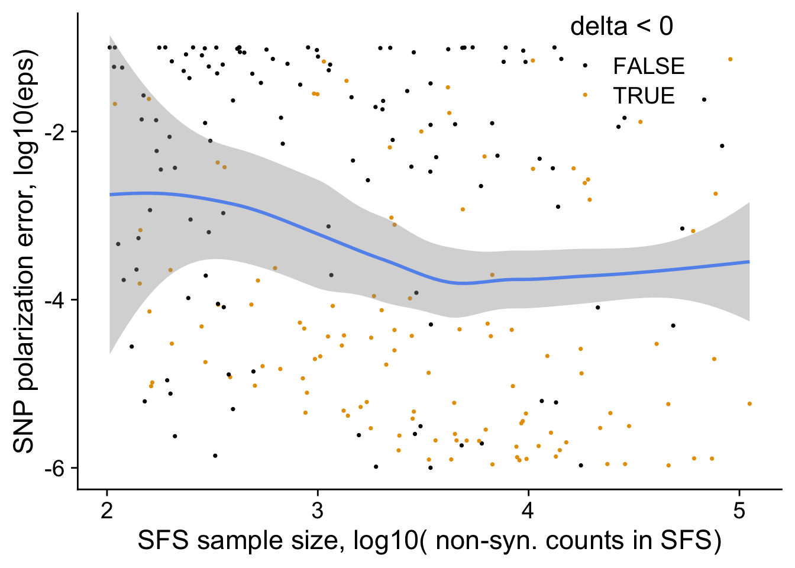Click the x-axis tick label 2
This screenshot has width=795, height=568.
click(107, 511)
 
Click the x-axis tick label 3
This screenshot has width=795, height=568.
click(318, 511)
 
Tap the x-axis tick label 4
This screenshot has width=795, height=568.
click(528, 511)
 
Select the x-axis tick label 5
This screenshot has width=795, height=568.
click(739, 511)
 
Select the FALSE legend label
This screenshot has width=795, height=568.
click(649, 66)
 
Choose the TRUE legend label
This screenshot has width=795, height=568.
click(644, 96)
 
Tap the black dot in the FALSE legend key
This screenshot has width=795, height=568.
click(585, 66)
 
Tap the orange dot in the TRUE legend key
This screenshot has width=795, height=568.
click(585, 95)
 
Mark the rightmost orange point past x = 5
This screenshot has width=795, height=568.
click(749, 404)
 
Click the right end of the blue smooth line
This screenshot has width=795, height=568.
click(749, 262)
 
